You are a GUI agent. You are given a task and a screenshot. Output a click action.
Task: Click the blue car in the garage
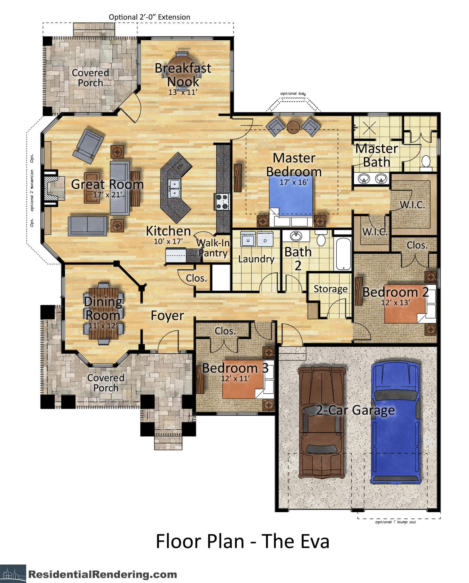396,422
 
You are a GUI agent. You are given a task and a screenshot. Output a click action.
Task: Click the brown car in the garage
322,422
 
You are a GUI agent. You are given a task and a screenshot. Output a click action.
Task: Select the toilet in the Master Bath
426,163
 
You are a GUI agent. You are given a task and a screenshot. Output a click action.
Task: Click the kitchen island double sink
174,188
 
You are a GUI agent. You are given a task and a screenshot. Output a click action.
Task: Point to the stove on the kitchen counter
222,202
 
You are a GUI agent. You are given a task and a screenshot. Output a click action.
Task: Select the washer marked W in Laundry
248,239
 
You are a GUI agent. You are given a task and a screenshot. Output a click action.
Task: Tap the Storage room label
331,289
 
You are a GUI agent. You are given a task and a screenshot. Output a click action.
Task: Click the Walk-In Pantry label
213,248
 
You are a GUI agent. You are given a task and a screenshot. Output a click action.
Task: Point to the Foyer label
167,315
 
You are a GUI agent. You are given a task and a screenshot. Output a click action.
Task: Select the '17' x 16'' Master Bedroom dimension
294,182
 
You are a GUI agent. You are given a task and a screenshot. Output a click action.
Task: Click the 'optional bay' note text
293,94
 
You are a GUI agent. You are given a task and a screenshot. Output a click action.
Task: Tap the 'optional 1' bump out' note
396,522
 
